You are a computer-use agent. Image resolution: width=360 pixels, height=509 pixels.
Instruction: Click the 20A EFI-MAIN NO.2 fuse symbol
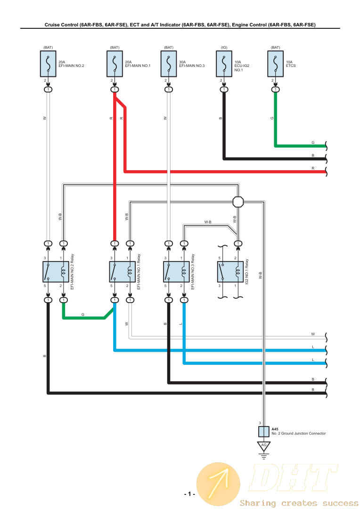pyautogui.click(x=48, y=64)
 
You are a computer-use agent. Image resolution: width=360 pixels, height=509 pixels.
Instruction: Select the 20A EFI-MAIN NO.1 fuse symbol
pyautogui.click(x=114, y=64)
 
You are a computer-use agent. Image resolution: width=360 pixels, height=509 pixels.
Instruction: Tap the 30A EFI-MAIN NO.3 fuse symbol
pyautogui.click(x=168, y=64)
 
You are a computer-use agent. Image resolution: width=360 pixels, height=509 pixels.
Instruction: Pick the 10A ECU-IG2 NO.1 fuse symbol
pyautogui.click(x=224, y=64)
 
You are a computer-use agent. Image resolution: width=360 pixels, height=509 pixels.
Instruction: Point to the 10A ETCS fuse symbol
pyautogui.click(x=275, y=64)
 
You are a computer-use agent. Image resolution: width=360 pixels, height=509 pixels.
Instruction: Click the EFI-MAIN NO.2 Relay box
pyautogui.click(x=56, y=272)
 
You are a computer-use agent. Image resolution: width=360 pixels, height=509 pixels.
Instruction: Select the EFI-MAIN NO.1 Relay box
pyautogui.click(x=122, y=272)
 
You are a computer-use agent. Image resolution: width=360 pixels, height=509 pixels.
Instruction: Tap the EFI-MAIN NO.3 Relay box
pyautogui.click(x=176, y=272)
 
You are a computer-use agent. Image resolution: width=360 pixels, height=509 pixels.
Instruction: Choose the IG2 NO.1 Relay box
pyautogui.click(x=230, y=272)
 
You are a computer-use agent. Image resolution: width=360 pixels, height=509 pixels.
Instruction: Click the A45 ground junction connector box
pyautogui.click(x=263, y=431)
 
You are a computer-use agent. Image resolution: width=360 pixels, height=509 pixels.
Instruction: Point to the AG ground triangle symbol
pyautogui.click(x=264, y=445)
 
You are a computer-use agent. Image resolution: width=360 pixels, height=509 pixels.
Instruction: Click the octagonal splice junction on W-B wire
pyautogui.click(x=238, y=202)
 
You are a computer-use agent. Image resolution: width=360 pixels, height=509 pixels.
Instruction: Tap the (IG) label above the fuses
pyautogui.click(x=224, y=47)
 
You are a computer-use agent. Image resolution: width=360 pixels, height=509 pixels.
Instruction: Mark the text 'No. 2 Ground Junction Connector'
pyautogui.click(x=298, y=433)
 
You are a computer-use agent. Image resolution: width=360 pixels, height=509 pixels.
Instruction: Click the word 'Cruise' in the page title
pyautogui.click(x=54, y=25)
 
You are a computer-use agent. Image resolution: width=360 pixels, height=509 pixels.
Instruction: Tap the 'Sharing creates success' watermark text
pyautogui.click(x=299, y=503)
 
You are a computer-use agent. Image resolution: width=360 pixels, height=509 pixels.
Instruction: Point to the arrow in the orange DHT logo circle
pyautogui.click(x=218, y=483)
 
